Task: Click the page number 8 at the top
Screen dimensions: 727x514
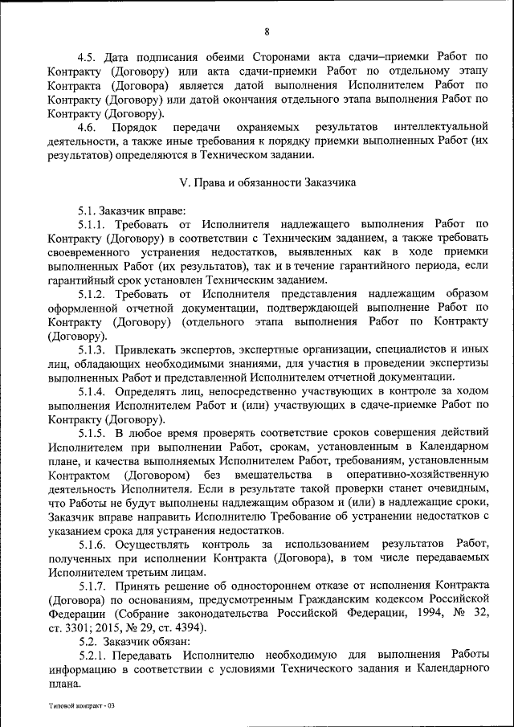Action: pyautogui.click(x=267, y=31)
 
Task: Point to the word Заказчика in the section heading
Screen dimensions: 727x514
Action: pyautogui.click(x=330, y=182)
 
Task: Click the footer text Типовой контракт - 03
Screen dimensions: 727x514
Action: pyautogui.click(x=81, y=704)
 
